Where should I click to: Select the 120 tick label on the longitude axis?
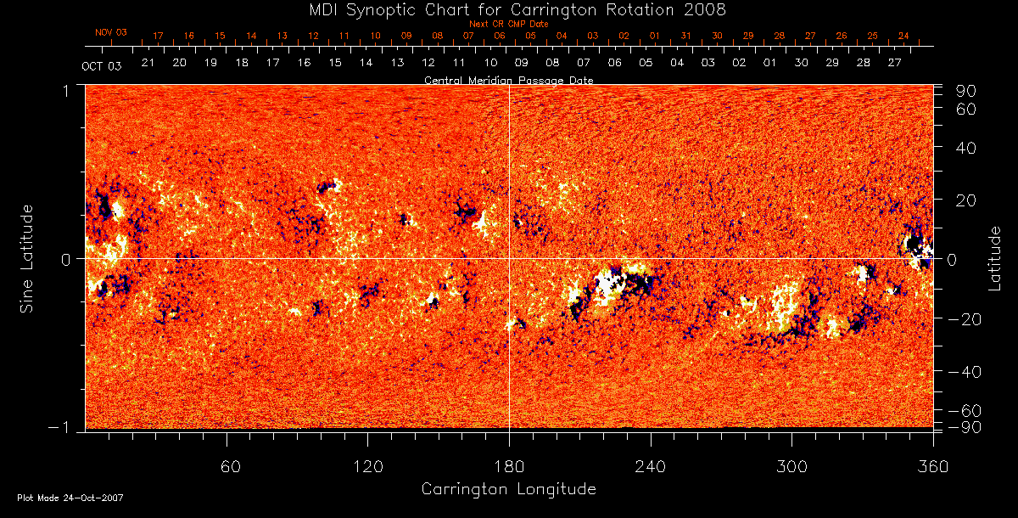point(367,467)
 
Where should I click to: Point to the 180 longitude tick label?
point(509,467)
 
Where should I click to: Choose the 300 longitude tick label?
point(791,467)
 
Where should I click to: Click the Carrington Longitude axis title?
point(508,489)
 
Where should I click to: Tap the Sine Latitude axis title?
point(27,257)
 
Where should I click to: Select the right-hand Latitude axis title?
point(994,257)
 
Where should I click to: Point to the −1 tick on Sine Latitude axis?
point(63,429)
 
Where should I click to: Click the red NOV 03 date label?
point(111,32)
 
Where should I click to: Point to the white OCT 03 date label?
point(100,65)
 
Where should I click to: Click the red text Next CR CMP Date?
point(509,24)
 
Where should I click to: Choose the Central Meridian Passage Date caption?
point(509,80)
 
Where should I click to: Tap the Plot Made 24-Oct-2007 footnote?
point(70,498)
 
